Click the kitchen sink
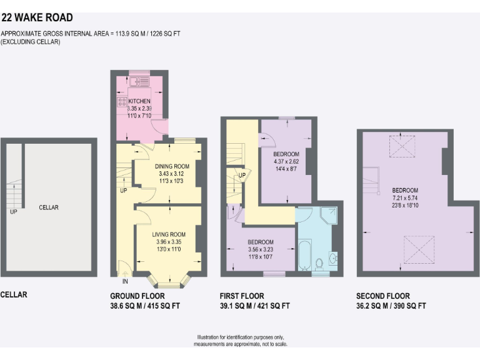139,82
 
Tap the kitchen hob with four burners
121,101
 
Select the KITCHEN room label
139,101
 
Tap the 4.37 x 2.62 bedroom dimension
286,161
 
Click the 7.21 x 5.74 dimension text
404,197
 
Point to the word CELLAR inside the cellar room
49,207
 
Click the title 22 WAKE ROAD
37,18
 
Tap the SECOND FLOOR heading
382,296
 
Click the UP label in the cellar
14,212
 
